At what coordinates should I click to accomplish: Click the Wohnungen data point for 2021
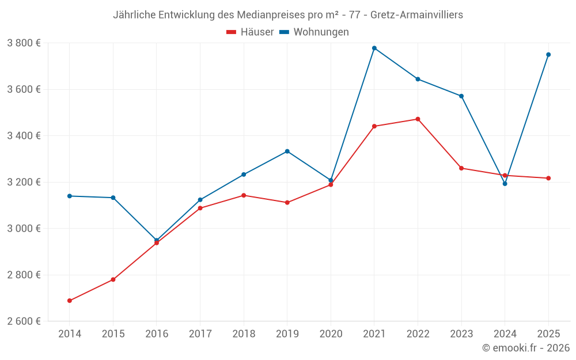coord(374,48)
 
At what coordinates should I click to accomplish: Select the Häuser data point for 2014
coord(70,301)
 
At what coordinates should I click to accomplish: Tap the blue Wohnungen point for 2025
coord(548,55)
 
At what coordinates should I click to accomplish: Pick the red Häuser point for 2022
coord(418,119)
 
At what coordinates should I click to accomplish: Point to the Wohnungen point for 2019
coord(287,151)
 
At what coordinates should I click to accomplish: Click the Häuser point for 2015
coord(113,279)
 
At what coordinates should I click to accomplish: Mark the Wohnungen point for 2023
coord(461,96)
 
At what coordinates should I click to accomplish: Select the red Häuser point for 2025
coord(548,178)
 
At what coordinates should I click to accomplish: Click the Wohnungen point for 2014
coord(70,196)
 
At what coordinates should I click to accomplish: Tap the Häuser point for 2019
coord(287,203)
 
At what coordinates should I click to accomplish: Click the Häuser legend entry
coord(250,32)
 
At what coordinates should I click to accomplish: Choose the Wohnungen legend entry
coord(314,32)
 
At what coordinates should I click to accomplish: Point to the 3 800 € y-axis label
coord(24,43)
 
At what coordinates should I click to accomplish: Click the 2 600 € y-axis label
coord(24,321)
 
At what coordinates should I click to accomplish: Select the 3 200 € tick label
coord(24,182)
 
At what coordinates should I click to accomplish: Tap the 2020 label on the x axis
coord(331,334)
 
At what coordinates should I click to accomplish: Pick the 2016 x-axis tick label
coord(157,334)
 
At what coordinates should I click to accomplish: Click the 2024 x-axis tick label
coord(505,334)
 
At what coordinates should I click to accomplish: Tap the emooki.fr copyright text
coord(525,348)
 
